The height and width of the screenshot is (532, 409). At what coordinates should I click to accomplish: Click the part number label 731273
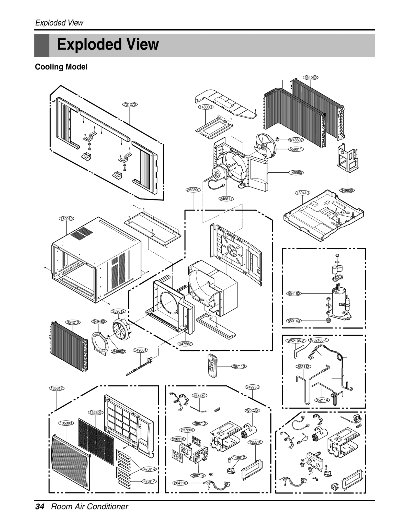point(130,104)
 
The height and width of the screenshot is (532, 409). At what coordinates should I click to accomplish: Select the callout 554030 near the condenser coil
point(311,78)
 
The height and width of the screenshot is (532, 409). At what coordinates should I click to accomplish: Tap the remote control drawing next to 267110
point(212,366)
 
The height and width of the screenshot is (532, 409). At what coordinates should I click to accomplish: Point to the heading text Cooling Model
point(61,67)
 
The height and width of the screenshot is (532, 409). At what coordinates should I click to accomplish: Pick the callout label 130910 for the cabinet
point(67,219)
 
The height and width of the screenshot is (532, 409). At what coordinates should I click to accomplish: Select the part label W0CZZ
point(252,411)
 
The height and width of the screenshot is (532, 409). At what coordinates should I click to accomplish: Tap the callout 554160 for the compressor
point(294,293)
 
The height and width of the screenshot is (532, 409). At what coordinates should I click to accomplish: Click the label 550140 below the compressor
point(294,321)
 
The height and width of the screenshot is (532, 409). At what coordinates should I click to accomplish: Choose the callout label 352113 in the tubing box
point(303,367)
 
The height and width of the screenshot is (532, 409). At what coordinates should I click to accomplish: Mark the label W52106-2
point(296,341)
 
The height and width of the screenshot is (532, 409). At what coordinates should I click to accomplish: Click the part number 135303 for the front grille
point(66,423)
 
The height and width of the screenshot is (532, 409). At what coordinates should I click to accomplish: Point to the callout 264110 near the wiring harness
point(180,483)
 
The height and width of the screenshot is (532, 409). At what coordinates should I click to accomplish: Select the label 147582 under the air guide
point(185,344)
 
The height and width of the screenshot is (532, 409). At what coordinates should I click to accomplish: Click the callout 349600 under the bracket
point(347,191)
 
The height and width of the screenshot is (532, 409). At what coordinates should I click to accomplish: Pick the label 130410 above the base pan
point(303,193)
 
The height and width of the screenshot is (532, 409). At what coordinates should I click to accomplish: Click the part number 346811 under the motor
point(226,199)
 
